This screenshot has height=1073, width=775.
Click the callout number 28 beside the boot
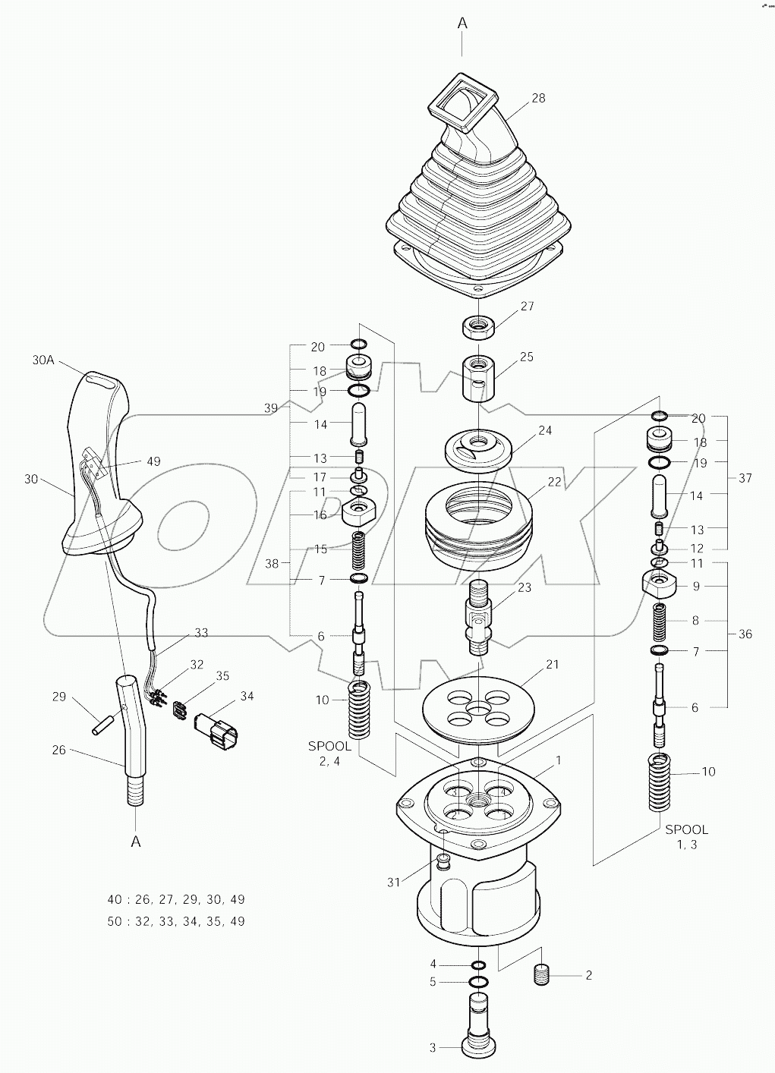[538, 98]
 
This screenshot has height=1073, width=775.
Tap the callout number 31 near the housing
[392, 881]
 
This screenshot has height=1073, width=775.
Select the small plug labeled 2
[542, 974]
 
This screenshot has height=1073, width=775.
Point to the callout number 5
[433, 982]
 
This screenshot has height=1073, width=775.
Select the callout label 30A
[44, 361]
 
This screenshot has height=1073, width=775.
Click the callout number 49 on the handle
[153, 461]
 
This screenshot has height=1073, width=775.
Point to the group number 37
[745, 478]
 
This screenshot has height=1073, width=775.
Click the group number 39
[271, 408]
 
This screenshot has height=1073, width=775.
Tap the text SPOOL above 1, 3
[686, 829]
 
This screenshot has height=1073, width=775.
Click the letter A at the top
[462, 24]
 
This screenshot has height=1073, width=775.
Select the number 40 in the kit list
[115, 899]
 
